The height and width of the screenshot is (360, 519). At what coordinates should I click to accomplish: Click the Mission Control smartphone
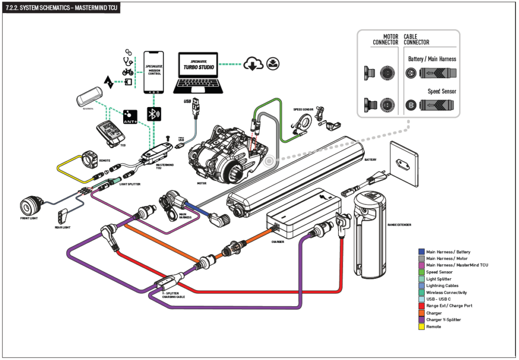coord(154,72)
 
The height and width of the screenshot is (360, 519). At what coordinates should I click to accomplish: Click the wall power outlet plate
coord(404,164)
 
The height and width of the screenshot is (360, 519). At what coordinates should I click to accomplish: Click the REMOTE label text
coord(105,160)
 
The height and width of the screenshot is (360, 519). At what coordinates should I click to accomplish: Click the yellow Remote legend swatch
coord(422,327)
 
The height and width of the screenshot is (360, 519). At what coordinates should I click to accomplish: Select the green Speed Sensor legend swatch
coord(422,272)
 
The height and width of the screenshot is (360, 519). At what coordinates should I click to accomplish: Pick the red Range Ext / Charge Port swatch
coord(422,306)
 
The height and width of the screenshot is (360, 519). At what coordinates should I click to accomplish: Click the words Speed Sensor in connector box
coord(441,91)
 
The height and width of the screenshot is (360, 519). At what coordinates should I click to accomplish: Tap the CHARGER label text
coord(277,242)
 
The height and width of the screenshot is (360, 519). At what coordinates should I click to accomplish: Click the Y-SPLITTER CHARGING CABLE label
coord(173,295)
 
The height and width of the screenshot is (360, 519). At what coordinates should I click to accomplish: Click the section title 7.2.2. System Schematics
coord(61,9)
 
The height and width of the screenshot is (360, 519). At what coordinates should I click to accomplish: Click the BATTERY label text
coord(370,159)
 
